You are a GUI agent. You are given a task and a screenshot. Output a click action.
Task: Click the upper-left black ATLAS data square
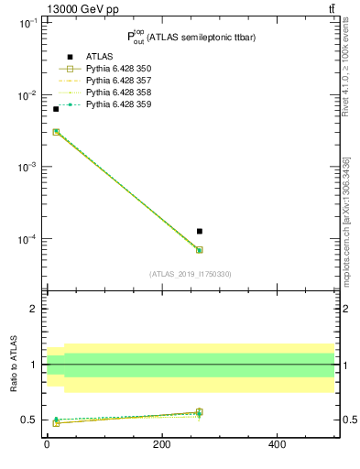[x=56, y=109]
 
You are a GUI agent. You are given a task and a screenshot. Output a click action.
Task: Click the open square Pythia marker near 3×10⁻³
[x=56, y=132]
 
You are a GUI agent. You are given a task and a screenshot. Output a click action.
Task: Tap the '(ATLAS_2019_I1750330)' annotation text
[x=191, y=274]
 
